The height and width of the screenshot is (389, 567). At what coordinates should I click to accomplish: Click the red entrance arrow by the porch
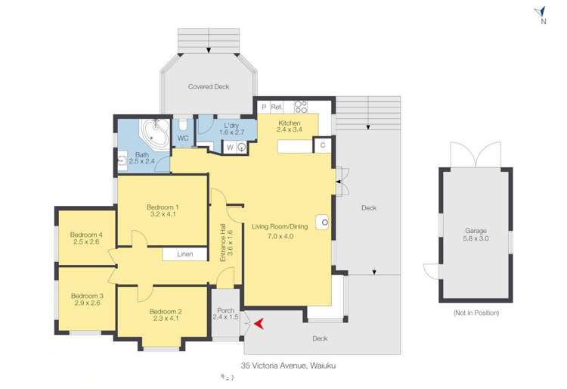point(259,324)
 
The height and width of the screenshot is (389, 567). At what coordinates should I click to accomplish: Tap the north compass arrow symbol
point(540,12)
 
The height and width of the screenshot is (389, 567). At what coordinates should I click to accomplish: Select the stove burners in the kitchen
point(300,107)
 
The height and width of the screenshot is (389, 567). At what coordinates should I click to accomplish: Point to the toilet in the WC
point(184,124)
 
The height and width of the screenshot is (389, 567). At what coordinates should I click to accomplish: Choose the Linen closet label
point(184,254)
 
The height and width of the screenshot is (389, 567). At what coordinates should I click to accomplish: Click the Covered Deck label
point(209,86)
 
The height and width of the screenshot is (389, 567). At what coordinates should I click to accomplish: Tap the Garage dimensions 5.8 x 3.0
point(476,238)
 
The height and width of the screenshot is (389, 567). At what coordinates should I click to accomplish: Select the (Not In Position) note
point(476,313)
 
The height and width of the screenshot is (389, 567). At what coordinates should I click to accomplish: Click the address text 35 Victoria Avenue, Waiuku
point(288,366)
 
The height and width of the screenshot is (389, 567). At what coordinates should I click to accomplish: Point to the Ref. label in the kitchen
point(276,107)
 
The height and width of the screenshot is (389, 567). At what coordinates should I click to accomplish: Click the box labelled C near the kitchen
point(323,145)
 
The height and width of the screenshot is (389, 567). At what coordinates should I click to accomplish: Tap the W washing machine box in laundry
point(230,148)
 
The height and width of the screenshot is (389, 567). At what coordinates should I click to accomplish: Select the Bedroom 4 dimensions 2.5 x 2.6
point(86,241)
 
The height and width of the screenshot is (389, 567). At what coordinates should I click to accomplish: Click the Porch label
point(225,310)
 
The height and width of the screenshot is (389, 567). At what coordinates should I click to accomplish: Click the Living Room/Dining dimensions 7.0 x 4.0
point(280,236)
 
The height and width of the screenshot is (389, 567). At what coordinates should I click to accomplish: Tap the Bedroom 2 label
point(166,312)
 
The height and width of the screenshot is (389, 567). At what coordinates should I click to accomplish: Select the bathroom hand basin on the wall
point(122,160)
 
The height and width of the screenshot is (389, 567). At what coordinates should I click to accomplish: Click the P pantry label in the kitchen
point(264,107)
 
